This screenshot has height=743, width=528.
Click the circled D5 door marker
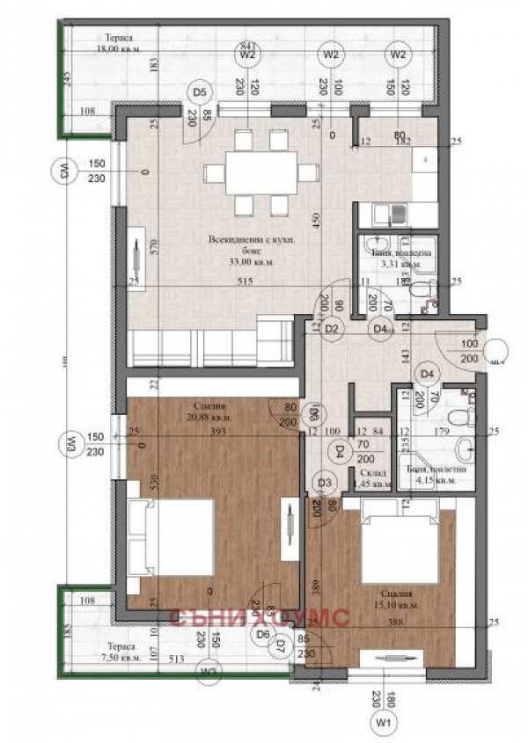click(200, 91)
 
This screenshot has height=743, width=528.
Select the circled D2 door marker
click(332, 329)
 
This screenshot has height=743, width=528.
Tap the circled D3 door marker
click(324, 482)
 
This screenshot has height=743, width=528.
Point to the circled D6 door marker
click(261, 633)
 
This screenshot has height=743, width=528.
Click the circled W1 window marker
click(383, 722)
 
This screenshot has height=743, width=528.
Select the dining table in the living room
click(260, 172)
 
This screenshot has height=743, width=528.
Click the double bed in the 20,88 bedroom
click(172, 536)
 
